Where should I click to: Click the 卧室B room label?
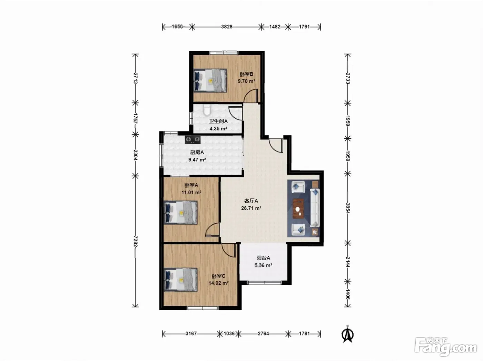(x=246, y=74)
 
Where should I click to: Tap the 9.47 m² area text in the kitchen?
(x=197, y=159)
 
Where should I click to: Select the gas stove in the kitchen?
(x=193, y=139)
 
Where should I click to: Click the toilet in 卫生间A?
(x=207, y=109)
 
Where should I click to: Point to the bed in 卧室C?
(x=180, y=279)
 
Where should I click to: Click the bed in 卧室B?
(x=210, y=80)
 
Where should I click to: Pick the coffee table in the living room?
(x=298, y=208)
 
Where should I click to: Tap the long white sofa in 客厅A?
(x=315, y=207)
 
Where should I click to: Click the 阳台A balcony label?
(x=263, y=258)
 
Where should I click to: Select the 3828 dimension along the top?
(x=227, y=27)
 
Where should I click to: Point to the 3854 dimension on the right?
(x=348, y=208)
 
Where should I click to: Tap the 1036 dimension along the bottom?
(x=229, y=333)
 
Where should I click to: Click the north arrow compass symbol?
(x=347, y=334)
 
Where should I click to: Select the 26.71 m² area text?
(x=251, y=208)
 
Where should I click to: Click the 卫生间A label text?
(x=218, y=121)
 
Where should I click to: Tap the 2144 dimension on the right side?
(x=348, y=262)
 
